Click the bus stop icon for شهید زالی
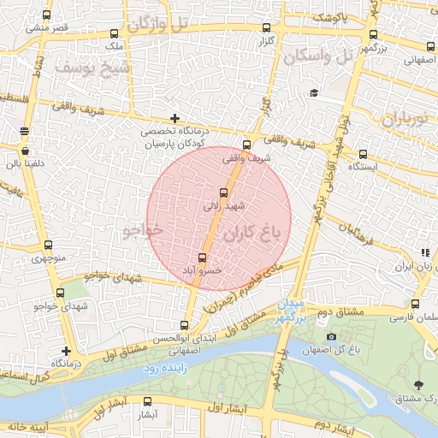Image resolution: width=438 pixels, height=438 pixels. pyautogui.click(x=224, y=192)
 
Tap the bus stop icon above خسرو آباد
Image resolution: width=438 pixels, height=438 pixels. pyautogui.click(x=203, y=257)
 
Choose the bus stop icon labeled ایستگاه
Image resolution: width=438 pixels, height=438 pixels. pyautogui.click(x=364, y=155)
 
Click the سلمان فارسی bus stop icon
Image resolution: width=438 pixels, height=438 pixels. pyautogui.click(x=415, y=304)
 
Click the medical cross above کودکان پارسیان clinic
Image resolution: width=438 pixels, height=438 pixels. pyautogui.click(x=175, y=118)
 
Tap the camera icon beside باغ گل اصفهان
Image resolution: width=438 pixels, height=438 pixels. pyautogui.click(x=331, y=336)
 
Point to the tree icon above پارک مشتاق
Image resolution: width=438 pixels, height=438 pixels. pyautogui.click(x=417, y=386)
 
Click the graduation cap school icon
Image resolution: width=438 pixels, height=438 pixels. pyautogui.click(x=314, y=93)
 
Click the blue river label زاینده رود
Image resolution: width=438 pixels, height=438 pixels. pyautogui.click(x=163, y=368)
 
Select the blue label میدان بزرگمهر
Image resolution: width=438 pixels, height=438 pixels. pyautogui.click(x=292, y=311)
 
